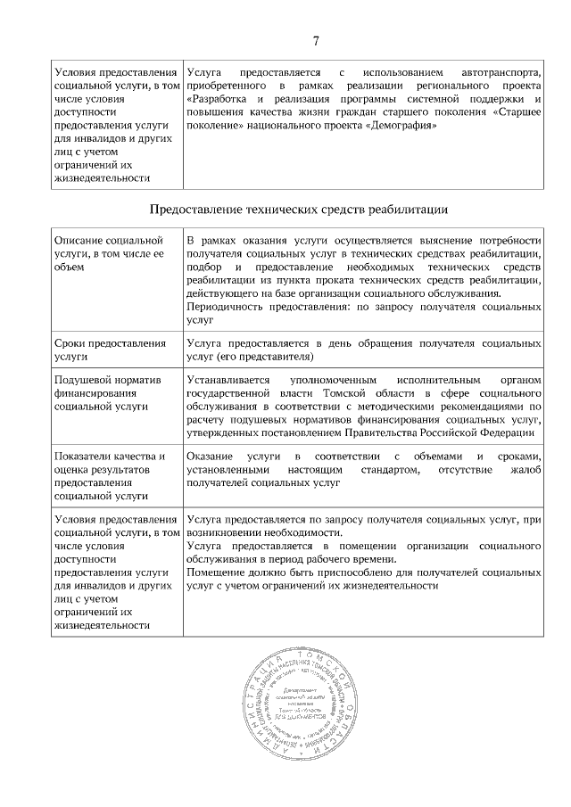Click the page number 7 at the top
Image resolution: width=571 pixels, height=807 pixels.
316,40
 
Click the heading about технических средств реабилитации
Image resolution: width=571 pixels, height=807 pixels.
298,210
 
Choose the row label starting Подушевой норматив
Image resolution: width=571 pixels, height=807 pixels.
107,392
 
